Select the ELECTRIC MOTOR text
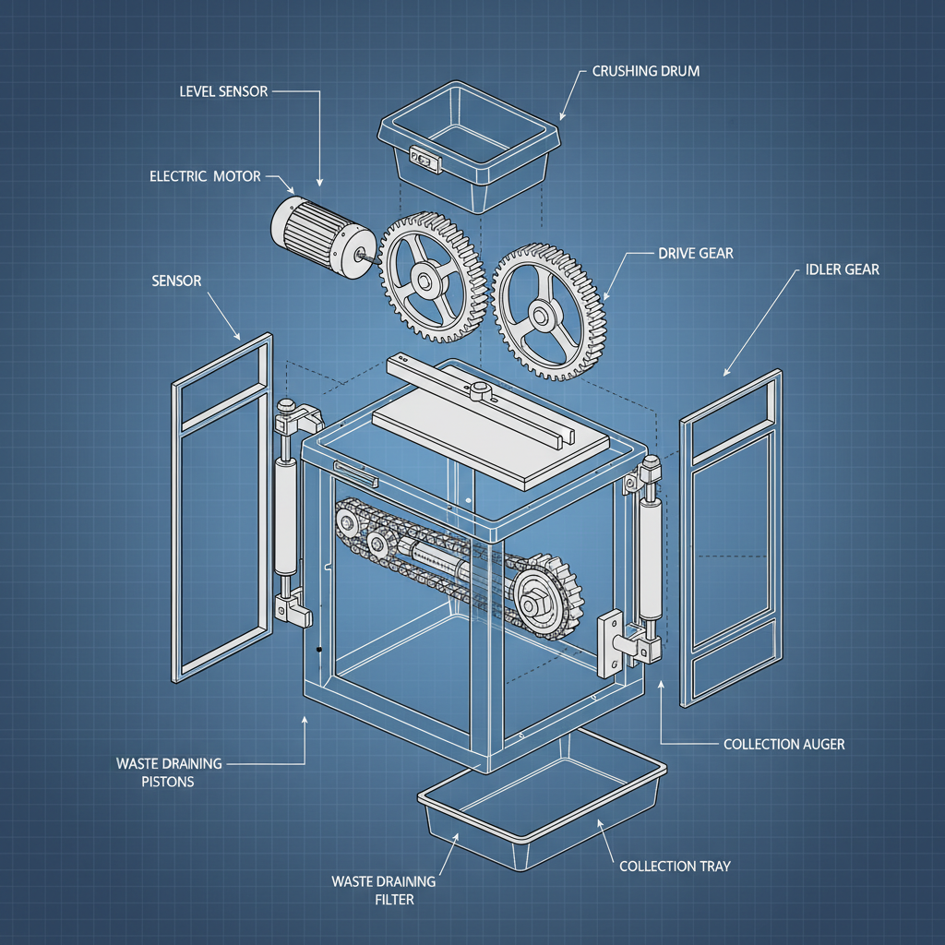point(205,175)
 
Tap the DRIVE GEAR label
point(695,253)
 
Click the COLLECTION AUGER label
point(784,744)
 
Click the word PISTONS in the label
point(169,781)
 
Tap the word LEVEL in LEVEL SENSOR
point(199,92)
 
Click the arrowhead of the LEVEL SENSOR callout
point(319,185)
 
